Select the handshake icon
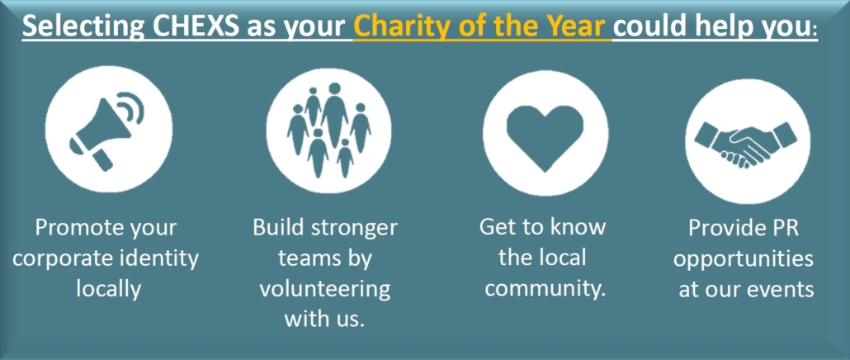pos(747,142)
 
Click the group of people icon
pos(328,130)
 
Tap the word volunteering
pos(324,289)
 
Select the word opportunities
pos(744,259)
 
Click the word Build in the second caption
pos(277,227)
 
